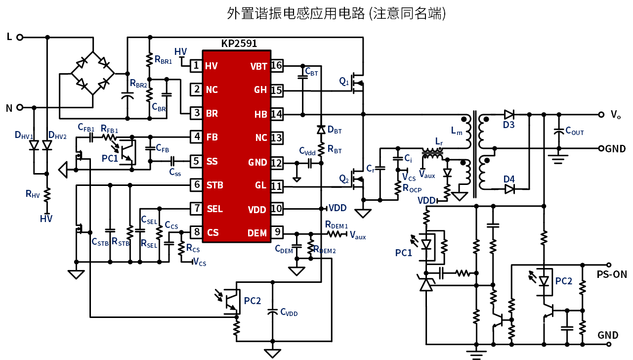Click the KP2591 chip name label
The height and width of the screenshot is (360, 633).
pos(239,44)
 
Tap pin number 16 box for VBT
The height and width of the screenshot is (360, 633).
pos(277,66)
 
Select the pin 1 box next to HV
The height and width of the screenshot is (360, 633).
pos(196,66)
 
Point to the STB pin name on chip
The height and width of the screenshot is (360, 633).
pos(215,185)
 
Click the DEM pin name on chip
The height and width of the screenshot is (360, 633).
pos(257,233)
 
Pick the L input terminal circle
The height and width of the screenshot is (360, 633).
pos(19,37)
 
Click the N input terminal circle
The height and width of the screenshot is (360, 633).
pos(19,107)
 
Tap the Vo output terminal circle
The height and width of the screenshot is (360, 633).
pos(601,115)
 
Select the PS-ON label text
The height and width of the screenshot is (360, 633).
pos(612,274)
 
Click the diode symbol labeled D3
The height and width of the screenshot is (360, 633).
pos(509,115)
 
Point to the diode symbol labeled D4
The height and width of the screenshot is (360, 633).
pos(509,188)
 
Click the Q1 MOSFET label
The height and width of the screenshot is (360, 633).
pos(344,82)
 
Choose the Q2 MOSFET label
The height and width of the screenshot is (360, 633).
pos(344,179)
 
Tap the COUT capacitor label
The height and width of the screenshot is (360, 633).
pos(574,131)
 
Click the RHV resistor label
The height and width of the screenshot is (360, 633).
pos(33,194)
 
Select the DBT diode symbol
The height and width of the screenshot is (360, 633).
pos(321,130)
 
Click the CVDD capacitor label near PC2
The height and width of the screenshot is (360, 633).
pos(289,312)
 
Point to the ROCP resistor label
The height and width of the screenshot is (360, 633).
pos(412,188)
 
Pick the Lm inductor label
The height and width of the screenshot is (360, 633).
pos(457,131)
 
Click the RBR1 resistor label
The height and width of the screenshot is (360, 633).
pos(163,60)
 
